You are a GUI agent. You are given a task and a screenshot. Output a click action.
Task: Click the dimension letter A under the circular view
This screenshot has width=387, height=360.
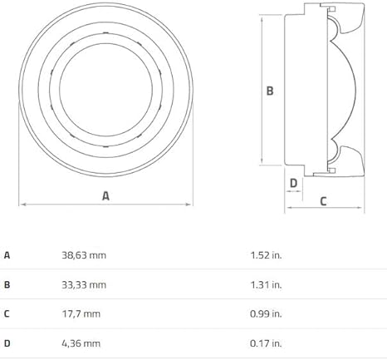coord(105,195)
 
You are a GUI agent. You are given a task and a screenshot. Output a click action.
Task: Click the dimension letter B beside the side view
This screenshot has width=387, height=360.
coord(270,91)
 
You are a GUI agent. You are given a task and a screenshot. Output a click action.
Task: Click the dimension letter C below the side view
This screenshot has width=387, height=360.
coord(323,201)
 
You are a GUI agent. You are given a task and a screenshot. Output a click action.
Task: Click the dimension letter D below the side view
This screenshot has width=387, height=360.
coord(293,183)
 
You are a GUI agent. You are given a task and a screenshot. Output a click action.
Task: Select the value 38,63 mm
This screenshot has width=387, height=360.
coord(84,255)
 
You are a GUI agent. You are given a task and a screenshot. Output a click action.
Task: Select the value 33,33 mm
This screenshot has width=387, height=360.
coord(84,284)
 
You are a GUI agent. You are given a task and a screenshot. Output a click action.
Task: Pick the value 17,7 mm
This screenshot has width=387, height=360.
coord(81,314)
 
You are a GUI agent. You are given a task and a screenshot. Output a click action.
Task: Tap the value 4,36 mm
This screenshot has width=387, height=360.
coord(81,343)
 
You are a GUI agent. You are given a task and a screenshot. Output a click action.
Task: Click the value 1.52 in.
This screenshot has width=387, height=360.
coord(266,255)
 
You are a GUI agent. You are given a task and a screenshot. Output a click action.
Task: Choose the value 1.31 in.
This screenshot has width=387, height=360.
coord(266,284)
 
